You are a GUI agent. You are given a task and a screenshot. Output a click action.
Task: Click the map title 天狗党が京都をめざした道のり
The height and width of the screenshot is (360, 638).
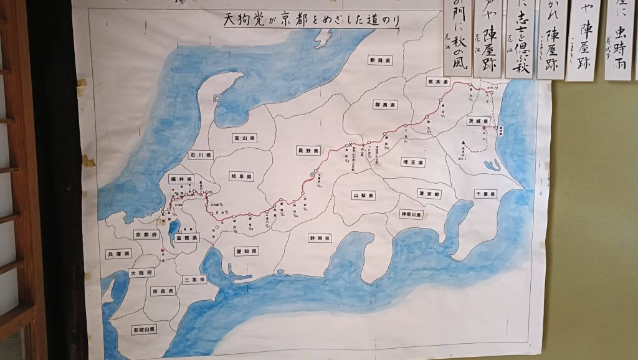coord(311,20)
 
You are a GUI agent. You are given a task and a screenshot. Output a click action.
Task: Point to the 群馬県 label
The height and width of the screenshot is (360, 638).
coord(385,105)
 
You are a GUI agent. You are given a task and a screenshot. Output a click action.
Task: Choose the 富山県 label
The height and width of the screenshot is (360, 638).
coord(241,138)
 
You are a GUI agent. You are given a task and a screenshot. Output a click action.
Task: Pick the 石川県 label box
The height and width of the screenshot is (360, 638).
coord(201,154)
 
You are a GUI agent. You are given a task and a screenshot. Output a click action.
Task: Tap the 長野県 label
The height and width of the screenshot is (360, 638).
coord(308,151)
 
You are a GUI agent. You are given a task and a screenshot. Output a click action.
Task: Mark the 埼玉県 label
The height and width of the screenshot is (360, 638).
coord(412,163)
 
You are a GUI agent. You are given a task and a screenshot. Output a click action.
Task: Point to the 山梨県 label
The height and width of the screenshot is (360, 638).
coord(363,196)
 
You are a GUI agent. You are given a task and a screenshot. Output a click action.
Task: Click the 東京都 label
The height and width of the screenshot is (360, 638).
coord(429,194)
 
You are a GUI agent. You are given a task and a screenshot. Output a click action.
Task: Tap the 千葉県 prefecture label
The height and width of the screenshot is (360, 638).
coord(485,194)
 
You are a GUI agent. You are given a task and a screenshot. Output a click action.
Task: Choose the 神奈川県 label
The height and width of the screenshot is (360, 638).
coord(411,214)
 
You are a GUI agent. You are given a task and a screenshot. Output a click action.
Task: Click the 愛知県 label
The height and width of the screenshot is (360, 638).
coord(247,251)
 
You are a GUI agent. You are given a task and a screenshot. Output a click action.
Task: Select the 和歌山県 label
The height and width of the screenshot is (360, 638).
coord(144,328)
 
